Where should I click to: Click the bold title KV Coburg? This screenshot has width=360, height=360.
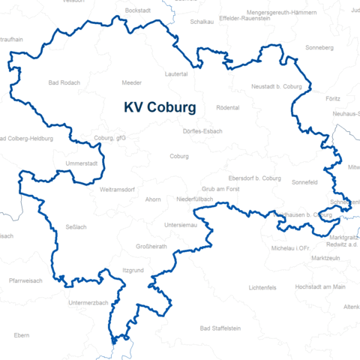click(x=159, y=107)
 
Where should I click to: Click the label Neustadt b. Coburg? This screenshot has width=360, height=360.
click(x=276, y=87)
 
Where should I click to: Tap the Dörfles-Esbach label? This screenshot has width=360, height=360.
click(x=202, y=131)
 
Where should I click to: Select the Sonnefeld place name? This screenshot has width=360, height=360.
click(x=304, y=182)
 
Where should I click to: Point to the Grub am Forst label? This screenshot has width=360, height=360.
click(x=220, y=190)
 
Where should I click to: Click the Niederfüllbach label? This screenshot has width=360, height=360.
click(x=194, y=199)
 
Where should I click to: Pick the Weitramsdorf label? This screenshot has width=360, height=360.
click(x=116, y=190)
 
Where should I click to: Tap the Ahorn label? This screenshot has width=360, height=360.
click(x=153, y=199)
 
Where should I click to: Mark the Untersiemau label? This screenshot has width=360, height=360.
click(x=181, y=225)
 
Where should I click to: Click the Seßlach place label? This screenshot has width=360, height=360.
click(x=76, y=226)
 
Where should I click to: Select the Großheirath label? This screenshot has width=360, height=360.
click(x=151, y=245)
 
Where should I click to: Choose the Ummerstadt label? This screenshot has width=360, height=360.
click(x=82, y=163)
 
